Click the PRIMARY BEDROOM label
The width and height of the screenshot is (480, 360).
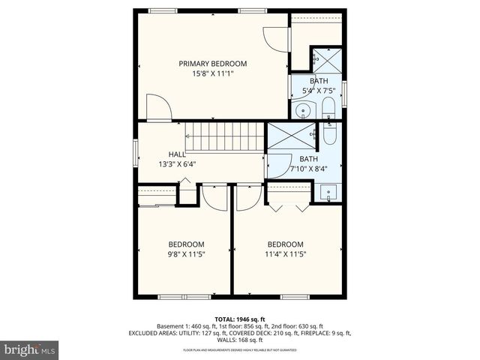tap(212, 64)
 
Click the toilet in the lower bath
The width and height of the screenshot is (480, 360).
tap(330, 136)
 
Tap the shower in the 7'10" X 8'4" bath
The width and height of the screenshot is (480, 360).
tap(288, 136)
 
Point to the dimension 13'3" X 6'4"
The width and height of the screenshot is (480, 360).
tap(176, 164)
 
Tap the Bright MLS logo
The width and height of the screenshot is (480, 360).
tap(30, 349)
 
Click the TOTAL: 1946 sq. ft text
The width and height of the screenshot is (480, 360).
tap(240, 319)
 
